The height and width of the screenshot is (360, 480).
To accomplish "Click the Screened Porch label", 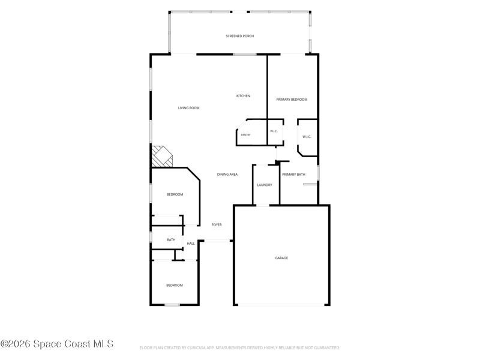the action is pyautogui.click(x=239, y=36).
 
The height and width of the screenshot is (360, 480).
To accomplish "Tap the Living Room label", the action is pyautogui.click(x=188, y=108).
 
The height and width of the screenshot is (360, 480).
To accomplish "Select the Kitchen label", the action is pyautogui.click(x=243, y=96).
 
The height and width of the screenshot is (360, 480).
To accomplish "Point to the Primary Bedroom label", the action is pyautogui.click(x=292, y=100).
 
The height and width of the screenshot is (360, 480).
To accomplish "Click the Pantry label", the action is pyautogui.click(x=245, y=134).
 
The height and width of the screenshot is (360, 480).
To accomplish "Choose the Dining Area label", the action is pyautogui.click(x=227, y=175).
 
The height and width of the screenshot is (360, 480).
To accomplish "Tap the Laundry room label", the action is pyautogui.click(x=265, y=185).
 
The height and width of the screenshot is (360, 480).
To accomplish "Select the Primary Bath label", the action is pyautogui.click(x=293, y=175).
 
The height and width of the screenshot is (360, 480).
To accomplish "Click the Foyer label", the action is pyautogui.click(x=217, y=224).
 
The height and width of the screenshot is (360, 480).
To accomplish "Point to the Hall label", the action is pyautogui.click(x=191, y=244).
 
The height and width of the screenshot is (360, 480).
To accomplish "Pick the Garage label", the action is pyautogui.click(x=281, y=258).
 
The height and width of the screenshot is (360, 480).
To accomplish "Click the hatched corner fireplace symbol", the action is pyautogui.click(x=162, y=157).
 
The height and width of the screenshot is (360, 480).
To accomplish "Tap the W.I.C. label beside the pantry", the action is pyautogui.click(x=274, y=131).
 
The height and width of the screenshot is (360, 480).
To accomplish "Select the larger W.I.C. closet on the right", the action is pyautogui.click(x=307, y=138).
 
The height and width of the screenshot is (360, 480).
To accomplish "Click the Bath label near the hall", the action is pyautogui.click(x=171, y=239).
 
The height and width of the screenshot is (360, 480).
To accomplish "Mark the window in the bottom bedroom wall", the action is pyautogui.click(x=172, y=305).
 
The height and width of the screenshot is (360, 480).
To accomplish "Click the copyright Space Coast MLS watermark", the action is pyautogui.click(x=57, y=344).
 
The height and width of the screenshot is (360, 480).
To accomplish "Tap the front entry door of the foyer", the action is pyautogui.click(x=217, y=241).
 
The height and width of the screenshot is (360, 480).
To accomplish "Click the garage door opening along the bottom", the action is pyautogui.click(x=281, y=305).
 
